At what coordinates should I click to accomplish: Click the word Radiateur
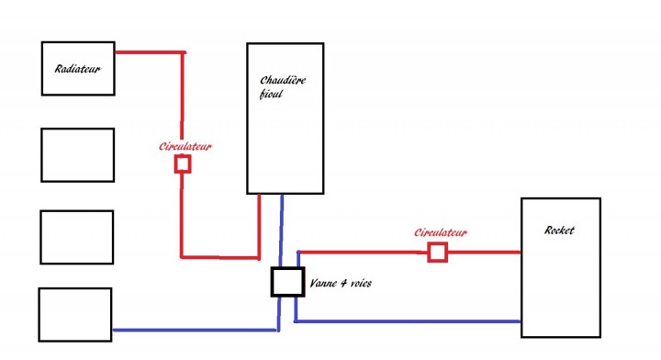(78, 69)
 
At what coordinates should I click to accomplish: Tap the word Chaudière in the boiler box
(283, 80)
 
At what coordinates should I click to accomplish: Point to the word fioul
(271, 94)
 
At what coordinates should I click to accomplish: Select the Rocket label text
(559, 231)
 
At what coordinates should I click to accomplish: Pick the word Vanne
(322, 283)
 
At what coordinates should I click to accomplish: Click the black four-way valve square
(288, 282)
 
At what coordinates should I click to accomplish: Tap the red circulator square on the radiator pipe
(183, 163)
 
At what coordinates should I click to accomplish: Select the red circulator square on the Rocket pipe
(437, 252)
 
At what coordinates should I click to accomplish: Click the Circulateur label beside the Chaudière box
(185, 147)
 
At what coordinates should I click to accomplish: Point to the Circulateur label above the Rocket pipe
(441, 232)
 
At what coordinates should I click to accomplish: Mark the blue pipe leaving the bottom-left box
(196, 330)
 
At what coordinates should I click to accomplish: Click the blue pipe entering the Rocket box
(408, 321)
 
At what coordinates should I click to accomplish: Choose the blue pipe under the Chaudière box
(281, 231)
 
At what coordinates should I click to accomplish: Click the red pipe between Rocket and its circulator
(484, 252)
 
